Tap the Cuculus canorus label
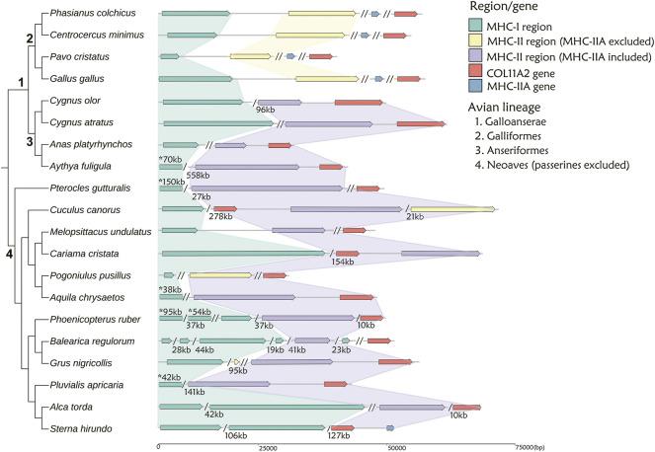(x=82, y=209)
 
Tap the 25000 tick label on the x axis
(x=265, y=447)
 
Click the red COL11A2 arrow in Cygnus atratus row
(x=420, y=123)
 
